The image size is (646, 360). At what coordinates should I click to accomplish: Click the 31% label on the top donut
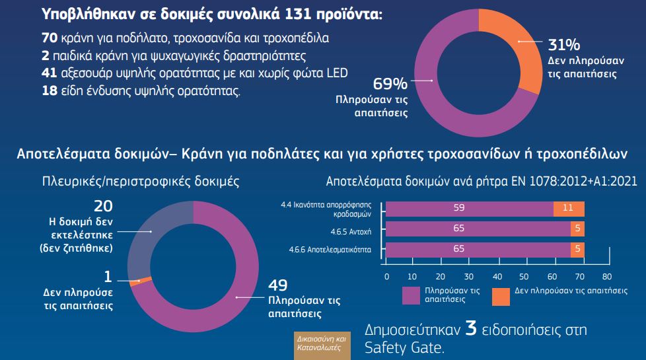click(x=564, y=45)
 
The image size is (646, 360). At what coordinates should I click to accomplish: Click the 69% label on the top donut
click(x=390, y=84)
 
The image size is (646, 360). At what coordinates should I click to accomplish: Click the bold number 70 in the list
click(x=50, y=38)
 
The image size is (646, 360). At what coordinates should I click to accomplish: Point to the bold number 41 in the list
click(x=50, y=73)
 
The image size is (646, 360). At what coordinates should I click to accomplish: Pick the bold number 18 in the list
click(x=50, y=90)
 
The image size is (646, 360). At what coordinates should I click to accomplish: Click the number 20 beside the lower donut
click(x=104, y=205)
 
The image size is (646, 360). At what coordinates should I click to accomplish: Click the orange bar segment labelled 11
click(x=569, y=207)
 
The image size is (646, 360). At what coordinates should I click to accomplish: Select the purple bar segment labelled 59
click(x=470, y=207)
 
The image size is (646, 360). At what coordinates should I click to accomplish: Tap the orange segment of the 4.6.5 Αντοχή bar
click(x=577, y=229)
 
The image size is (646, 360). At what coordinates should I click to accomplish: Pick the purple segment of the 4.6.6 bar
click(x=478, y=250)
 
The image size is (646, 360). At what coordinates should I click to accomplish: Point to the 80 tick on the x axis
click(x=607, y=276)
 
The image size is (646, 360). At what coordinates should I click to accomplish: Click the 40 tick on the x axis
click(x=497, y=276)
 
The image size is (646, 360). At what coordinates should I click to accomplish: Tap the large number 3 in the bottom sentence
click(x=470, y=329)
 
